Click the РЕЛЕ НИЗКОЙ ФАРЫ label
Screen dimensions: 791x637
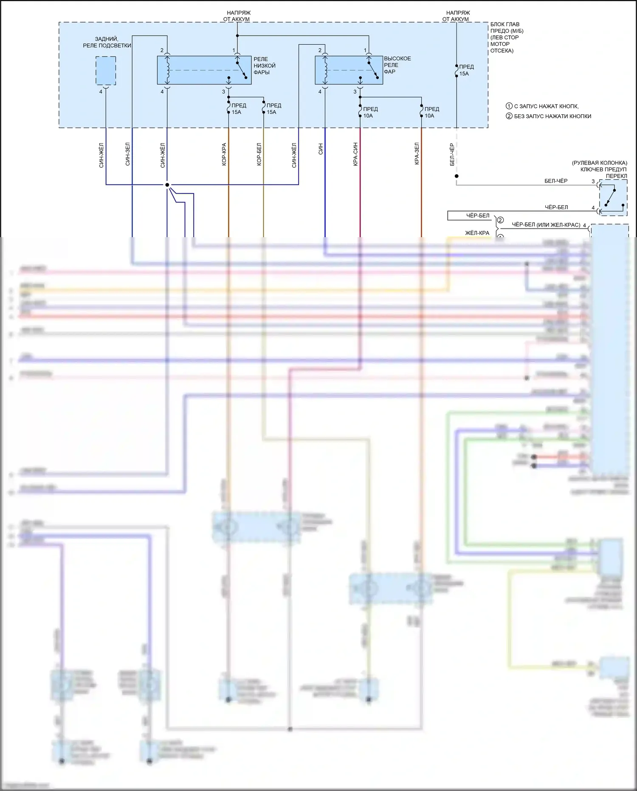264,66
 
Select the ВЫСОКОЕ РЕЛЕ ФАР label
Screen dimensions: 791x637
397,65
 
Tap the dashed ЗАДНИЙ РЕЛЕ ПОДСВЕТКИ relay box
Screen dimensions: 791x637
106,71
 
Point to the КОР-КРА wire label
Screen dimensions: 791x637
224,154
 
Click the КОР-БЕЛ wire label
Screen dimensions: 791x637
259,154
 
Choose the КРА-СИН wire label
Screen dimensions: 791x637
355,154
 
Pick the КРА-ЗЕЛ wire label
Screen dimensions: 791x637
417,153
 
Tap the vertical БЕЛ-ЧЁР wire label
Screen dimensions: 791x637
452,154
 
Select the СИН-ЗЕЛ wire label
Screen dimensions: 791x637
128,154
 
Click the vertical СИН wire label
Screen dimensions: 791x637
321,149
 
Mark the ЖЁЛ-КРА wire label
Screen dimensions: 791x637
477,233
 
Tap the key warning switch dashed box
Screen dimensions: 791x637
613,197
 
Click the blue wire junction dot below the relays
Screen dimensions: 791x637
167,185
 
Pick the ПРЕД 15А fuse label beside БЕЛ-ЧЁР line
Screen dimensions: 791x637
466,70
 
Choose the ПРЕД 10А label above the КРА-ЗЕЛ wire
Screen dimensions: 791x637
431,112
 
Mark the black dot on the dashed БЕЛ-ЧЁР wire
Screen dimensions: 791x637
457,176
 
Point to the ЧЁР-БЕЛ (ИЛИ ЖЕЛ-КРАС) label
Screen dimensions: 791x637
546,225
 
